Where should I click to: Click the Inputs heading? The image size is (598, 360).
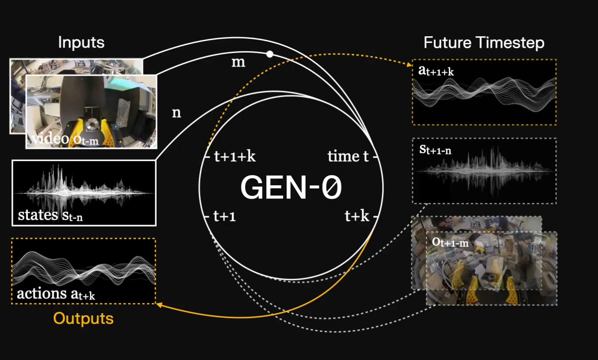[x=81, y=42]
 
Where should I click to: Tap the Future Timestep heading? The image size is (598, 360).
[x=484, y=43]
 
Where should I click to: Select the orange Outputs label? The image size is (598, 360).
[x=84, y=318]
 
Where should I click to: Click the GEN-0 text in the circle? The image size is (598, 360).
[x=291, y=188]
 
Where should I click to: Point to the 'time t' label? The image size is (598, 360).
[x=348, y=157]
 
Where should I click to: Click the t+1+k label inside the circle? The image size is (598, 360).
[x=235, y=157]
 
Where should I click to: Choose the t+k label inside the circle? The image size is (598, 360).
[x=356, y=217]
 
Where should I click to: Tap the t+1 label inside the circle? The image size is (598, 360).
[x=225, y=217]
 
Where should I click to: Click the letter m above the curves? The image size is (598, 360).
[x=238, y=63]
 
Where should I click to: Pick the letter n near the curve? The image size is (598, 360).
[x=176, y=113]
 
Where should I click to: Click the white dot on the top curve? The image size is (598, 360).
[x=270, y=54]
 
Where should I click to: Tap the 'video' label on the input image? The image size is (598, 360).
[x=50, y=139]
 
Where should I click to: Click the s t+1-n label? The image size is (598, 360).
[x=435, y=149]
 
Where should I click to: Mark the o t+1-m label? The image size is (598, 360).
[x=450, y=242]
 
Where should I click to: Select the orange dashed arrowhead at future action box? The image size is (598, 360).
[x=409, y=65]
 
